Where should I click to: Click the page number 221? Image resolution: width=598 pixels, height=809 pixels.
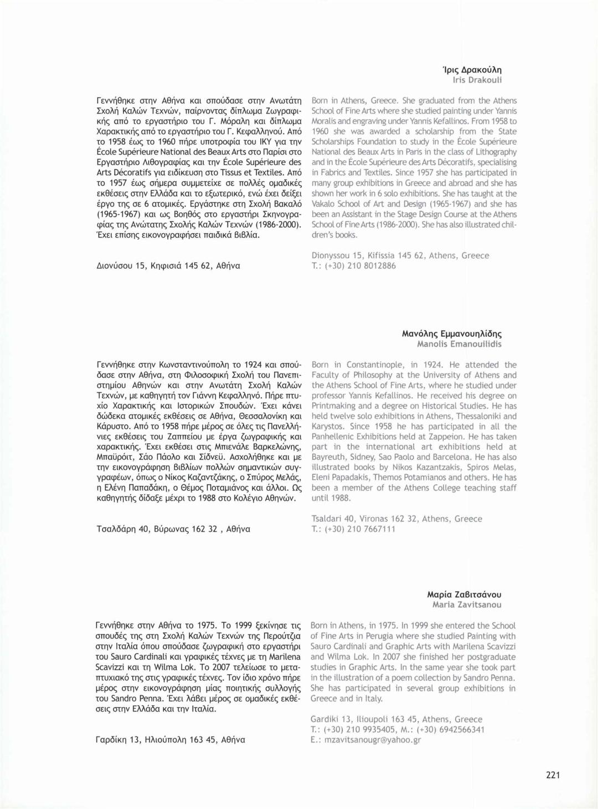coord(553,775)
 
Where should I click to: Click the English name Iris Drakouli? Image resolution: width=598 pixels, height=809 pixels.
coord(477,80)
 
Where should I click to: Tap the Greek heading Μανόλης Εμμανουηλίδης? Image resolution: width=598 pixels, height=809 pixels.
coord(452,334)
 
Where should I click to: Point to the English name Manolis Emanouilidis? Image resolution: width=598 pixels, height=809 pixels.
coord(459,344)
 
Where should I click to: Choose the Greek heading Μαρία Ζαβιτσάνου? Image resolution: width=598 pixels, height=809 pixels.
coord(464,595)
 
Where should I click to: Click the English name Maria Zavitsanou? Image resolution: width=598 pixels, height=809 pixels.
coord(467,605)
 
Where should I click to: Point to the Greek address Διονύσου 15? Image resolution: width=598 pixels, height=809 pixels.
coord(120,266)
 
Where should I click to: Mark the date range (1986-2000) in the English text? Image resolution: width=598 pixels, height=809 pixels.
coord(391,225)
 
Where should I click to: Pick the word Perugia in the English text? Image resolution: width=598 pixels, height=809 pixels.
coord(380,636)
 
